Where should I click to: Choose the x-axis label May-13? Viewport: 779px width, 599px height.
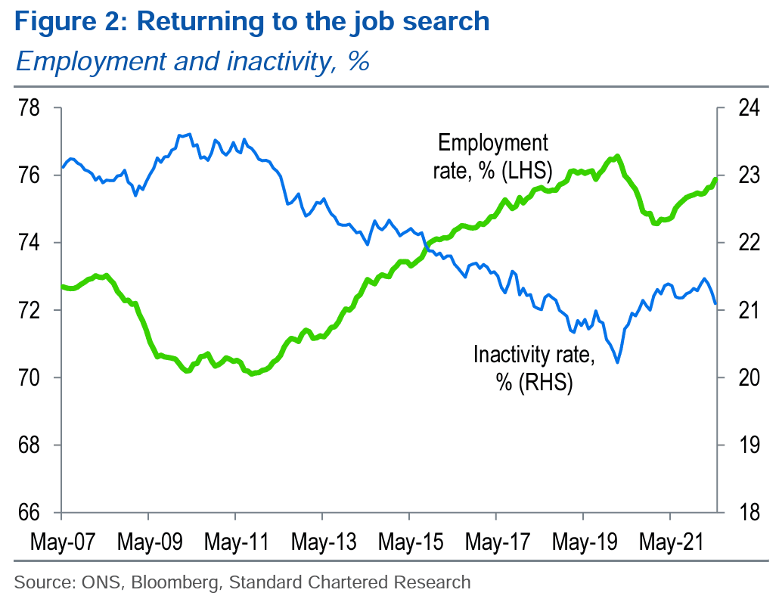[x=322, y=543]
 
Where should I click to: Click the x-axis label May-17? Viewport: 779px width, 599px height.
[x=496, y=543]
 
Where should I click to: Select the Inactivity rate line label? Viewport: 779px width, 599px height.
[x=534, y=368]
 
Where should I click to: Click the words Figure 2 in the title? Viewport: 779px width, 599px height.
[x=67, y=22]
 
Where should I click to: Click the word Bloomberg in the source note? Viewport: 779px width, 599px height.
[x=180, y=582]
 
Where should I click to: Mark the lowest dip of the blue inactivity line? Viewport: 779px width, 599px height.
[x=618, y=362]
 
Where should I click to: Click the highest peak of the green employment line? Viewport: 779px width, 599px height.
[x=618, y=157]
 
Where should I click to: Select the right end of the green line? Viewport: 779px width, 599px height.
[x=715, y=179]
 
